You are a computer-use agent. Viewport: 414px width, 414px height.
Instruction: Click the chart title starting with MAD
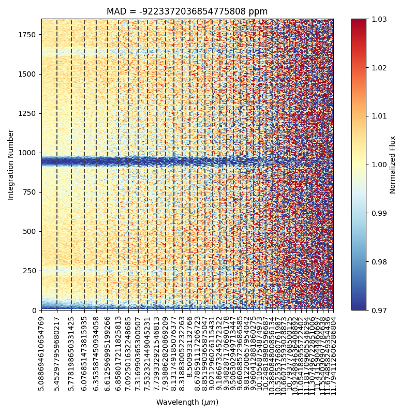point(187,11)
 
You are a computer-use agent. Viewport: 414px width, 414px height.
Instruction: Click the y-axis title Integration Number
point(11,165)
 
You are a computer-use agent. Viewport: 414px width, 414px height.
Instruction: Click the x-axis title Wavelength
point(187,402)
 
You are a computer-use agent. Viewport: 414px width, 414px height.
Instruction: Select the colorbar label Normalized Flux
point(393,165)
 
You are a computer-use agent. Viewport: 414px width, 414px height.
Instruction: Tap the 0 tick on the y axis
point(35,310)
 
